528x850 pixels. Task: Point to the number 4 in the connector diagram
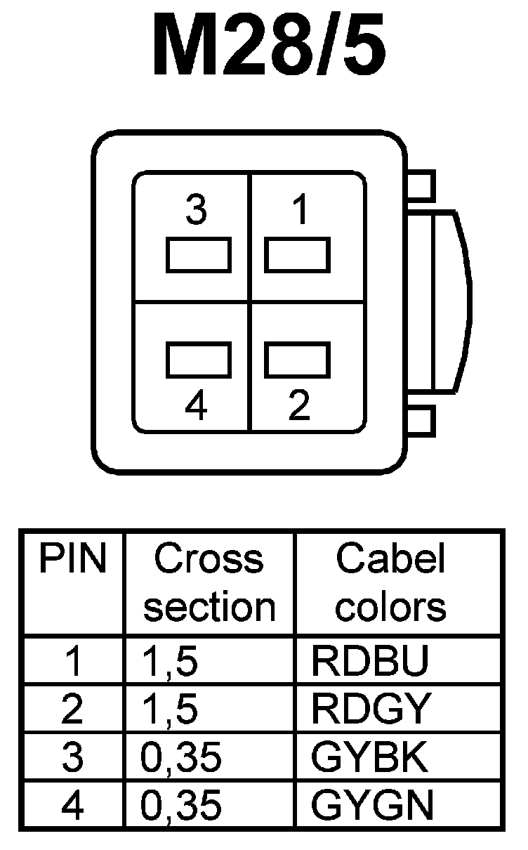pos(197,405)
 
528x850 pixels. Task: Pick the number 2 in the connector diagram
pos(300,405)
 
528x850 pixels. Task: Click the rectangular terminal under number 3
pos(199,255)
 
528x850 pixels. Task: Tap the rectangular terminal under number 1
pos(298,255)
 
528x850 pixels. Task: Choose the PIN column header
pos(72,560)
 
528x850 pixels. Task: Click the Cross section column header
pos(209,583)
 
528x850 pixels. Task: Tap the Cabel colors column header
pos(390,583)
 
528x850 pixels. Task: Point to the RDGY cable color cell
pos(369,710)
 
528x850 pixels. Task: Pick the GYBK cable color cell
pos(369,758)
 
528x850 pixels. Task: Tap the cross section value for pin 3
pos(181,758)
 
